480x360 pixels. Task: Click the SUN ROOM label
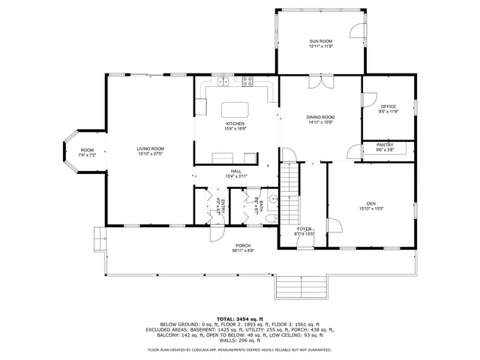point(320,40)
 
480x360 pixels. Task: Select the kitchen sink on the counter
point(222,80)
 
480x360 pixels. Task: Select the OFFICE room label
point(388,106)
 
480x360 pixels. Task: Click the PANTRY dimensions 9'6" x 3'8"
point(385,150)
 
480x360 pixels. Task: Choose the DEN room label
point(370,203)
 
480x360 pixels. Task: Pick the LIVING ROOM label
point(150,148)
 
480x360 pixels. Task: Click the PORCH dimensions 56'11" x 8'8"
point(243,251)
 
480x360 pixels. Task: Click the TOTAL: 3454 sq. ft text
point(239,319)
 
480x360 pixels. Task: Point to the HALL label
point(235,171)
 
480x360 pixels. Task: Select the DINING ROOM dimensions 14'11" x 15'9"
point(320,123)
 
